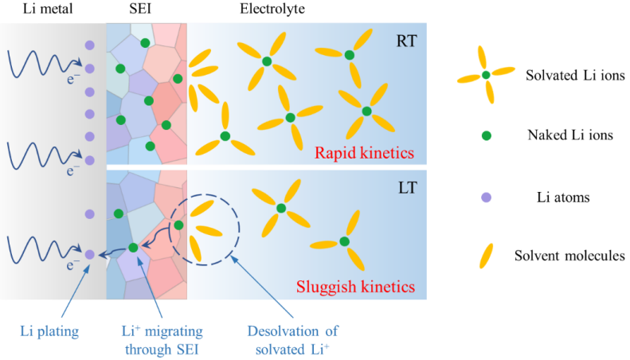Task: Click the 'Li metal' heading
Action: click(x=48, y=9)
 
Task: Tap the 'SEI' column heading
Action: click(x=140, y=9)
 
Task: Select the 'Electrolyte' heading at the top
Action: click(x=272, y=9)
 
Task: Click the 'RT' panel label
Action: click(x=407, y=41)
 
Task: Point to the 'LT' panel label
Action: click(x=408, y=188)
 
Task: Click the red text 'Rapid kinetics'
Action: click(x=364, y=153)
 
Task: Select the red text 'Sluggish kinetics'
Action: click(x=355, y=287)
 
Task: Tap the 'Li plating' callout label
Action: click(x=49, y=331)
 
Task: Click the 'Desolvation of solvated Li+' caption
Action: click(x=292, y=340)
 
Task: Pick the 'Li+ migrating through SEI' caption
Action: click(x=162, y=340)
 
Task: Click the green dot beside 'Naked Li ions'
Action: click(x=486, y=136)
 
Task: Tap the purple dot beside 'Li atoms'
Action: click(x=486, y=198)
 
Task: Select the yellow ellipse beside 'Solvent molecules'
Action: click(x=486, y=256)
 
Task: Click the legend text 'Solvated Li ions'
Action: click(x=575, y=75)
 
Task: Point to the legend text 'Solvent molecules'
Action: click(x=569, y=256)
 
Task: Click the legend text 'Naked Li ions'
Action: click(x=570, y=135)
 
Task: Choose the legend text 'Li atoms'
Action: click(x=563, y=198)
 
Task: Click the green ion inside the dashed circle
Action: click(x=178, y=225)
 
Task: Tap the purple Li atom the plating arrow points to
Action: click(x=89, y=254)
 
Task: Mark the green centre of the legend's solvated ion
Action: click(x=486, y=75)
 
